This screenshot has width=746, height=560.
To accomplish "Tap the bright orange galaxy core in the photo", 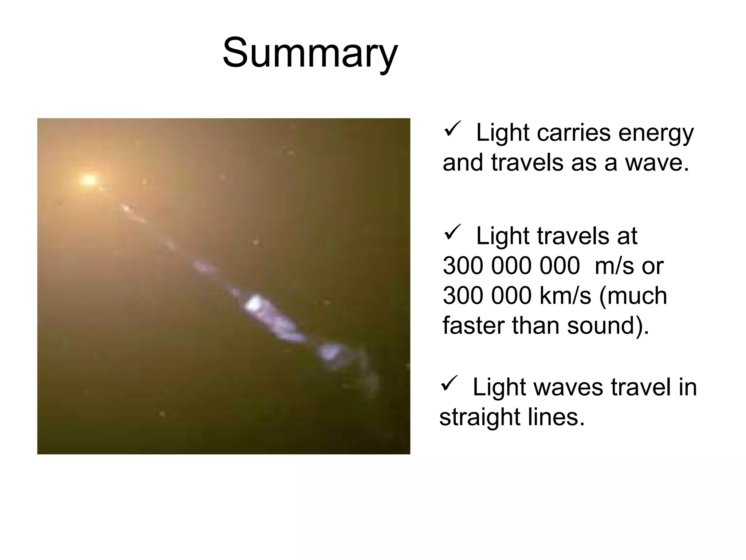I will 89,179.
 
